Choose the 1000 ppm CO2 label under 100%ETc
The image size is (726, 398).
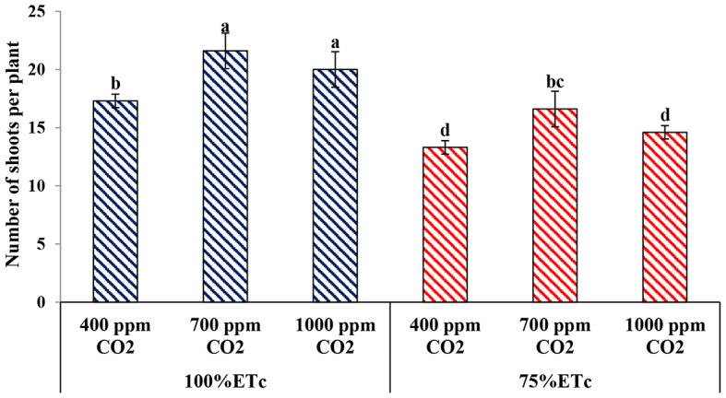[335, 334]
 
